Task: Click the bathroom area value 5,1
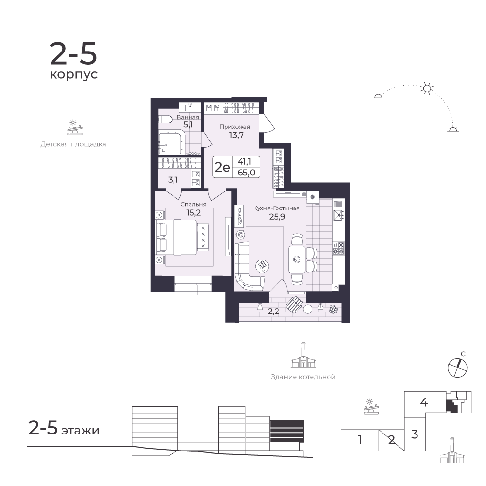(188, 125)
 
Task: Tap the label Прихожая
(235, 127)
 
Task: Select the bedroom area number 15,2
(193, 213)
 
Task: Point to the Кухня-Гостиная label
(277, 208)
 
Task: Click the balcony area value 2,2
(273, 311)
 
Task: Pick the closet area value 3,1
(173, 180)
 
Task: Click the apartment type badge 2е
(223, 167)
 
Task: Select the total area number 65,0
(246, 173)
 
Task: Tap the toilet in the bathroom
(165, 120)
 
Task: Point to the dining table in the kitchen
(296, 259)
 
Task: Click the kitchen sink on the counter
(338, 215)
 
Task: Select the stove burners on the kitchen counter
(338, 248)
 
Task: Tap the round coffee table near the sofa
(262, 265)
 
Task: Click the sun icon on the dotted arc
(427, 88)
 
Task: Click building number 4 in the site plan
(424, 402)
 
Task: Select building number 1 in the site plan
(360, 440)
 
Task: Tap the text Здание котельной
(303, 377)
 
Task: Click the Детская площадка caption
(73, 144)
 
